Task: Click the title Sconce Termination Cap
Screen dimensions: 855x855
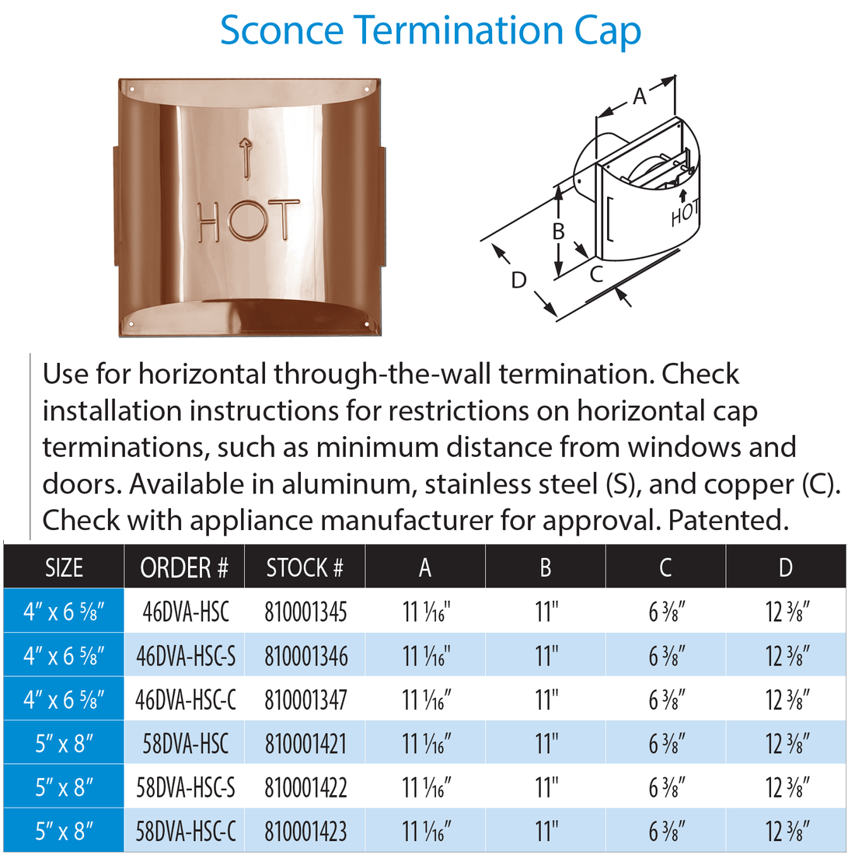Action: click(x=430, y=31)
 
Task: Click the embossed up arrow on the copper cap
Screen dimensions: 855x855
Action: click(x=246, y=155)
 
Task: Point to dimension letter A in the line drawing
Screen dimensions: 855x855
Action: click(x=639, y=96)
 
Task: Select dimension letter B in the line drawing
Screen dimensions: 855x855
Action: click(x=557, y=231)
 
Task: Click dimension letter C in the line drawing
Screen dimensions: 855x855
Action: click(x=595, y=274)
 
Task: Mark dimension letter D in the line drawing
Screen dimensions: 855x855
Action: click(x=518, y=280)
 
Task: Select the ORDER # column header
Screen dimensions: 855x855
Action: click(x=184, y=568)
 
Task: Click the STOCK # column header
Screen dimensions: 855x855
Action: click(x=304, y=568)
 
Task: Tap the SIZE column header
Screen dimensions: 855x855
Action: click(x=64, y=568)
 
